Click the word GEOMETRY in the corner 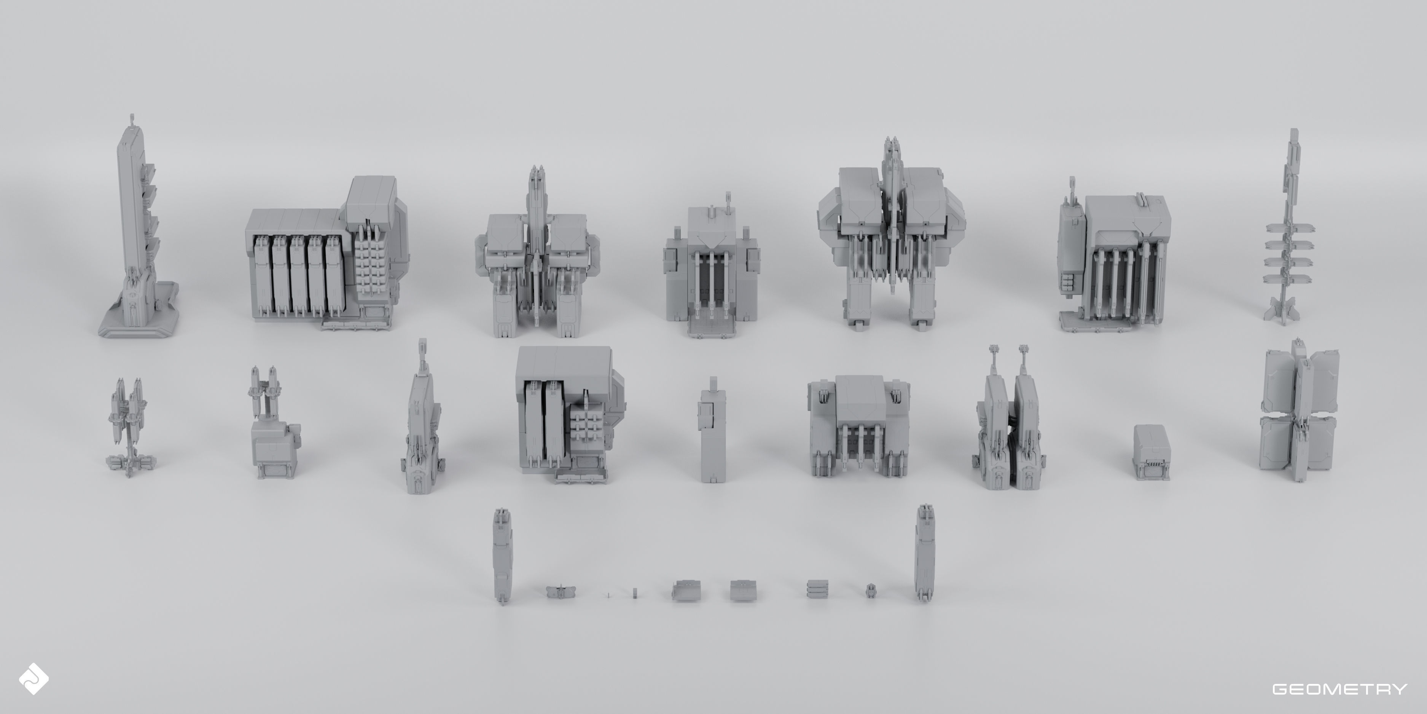1339,689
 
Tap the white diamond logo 33,679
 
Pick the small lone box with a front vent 1151,452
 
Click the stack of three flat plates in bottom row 818,589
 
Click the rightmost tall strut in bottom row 924,554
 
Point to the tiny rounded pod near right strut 871,591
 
